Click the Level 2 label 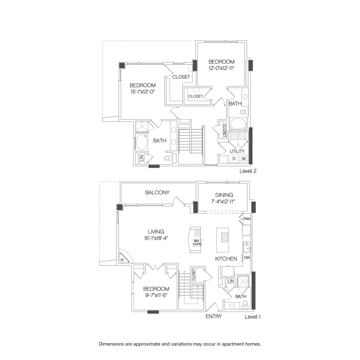point(248,171)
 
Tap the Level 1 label point(252,316)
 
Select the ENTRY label point(214,316)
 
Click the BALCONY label point(157,192)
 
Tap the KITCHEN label point(226,259)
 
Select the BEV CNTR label point(196,242)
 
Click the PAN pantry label point(247,219)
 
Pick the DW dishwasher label point(247,258)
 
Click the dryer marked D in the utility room point(234,159)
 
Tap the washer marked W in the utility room point(243,159)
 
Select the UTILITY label point(237,151)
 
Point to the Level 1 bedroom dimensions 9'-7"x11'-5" point(156,296)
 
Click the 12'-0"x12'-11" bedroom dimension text point(221,69)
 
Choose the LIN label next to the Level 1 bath point(231,282)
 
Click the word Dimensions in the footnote point(113,344)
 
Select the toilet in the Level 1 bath point(245,306)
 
